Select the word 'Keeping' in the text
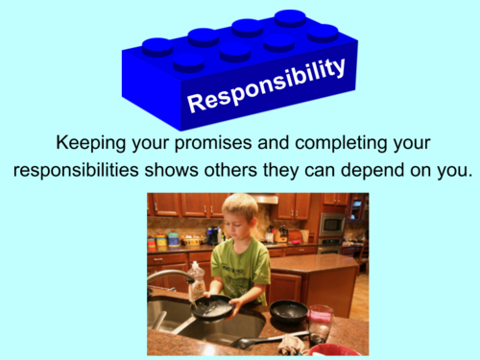coord(92,144)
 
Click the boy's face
coord(239,219)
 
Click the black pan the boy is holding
coord(212,308)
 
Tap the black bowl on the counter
coord(287,311)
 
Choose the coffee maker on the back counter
coord(212,234)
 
